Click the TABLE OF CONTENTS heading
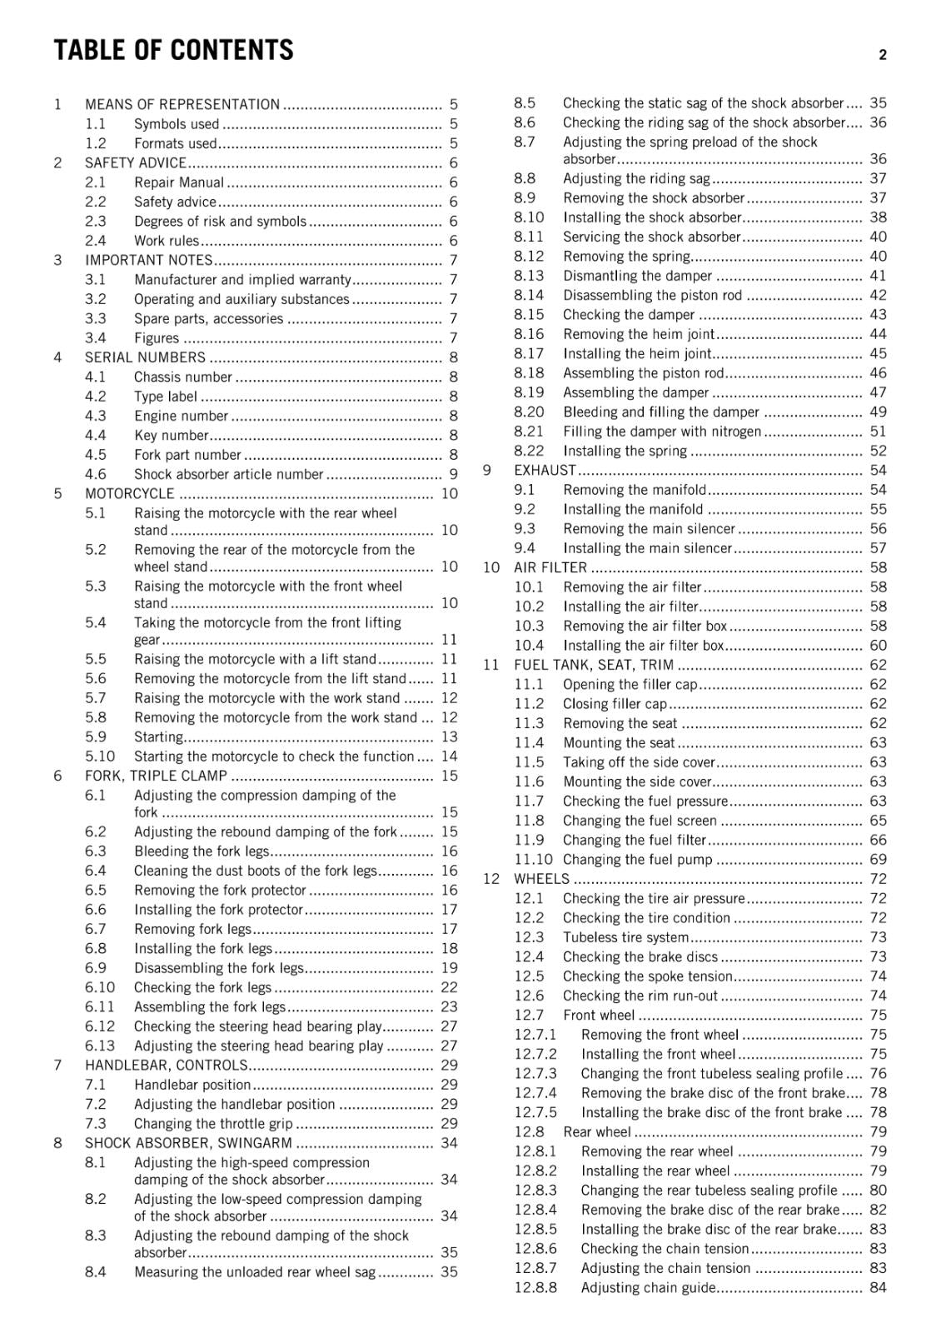coord(173,51)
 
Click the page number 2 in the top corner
coord(882,55)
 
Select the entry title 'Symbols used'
coord(177,124)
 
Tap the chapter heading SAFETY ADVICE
coord(136,163)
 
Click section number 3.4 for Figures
coord(95,338)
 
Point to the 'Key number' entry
coord(171,436)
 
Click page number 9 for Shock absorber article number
coord(453,475)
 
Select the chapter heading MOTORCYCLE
coord(130,494)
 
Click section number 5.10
coord(100,756)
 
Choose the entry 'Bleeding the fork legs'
coord(202,851)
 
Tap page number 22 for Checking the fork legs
coord(449,987)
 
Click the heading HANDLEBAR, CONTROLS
coord(166,1066)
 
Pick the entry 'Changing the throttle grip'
coord(213,1124)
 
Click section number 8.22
coord(529,451)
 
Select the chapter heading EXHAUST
coord(545,471)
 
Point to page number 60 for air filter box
coord(878,646)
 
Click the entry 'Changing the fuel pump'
coord(637,860)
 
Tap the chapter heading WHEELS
coord(541,879)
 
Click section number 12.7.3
coord(535,1074)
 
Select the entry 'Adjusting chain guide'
coord(648,1288)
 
